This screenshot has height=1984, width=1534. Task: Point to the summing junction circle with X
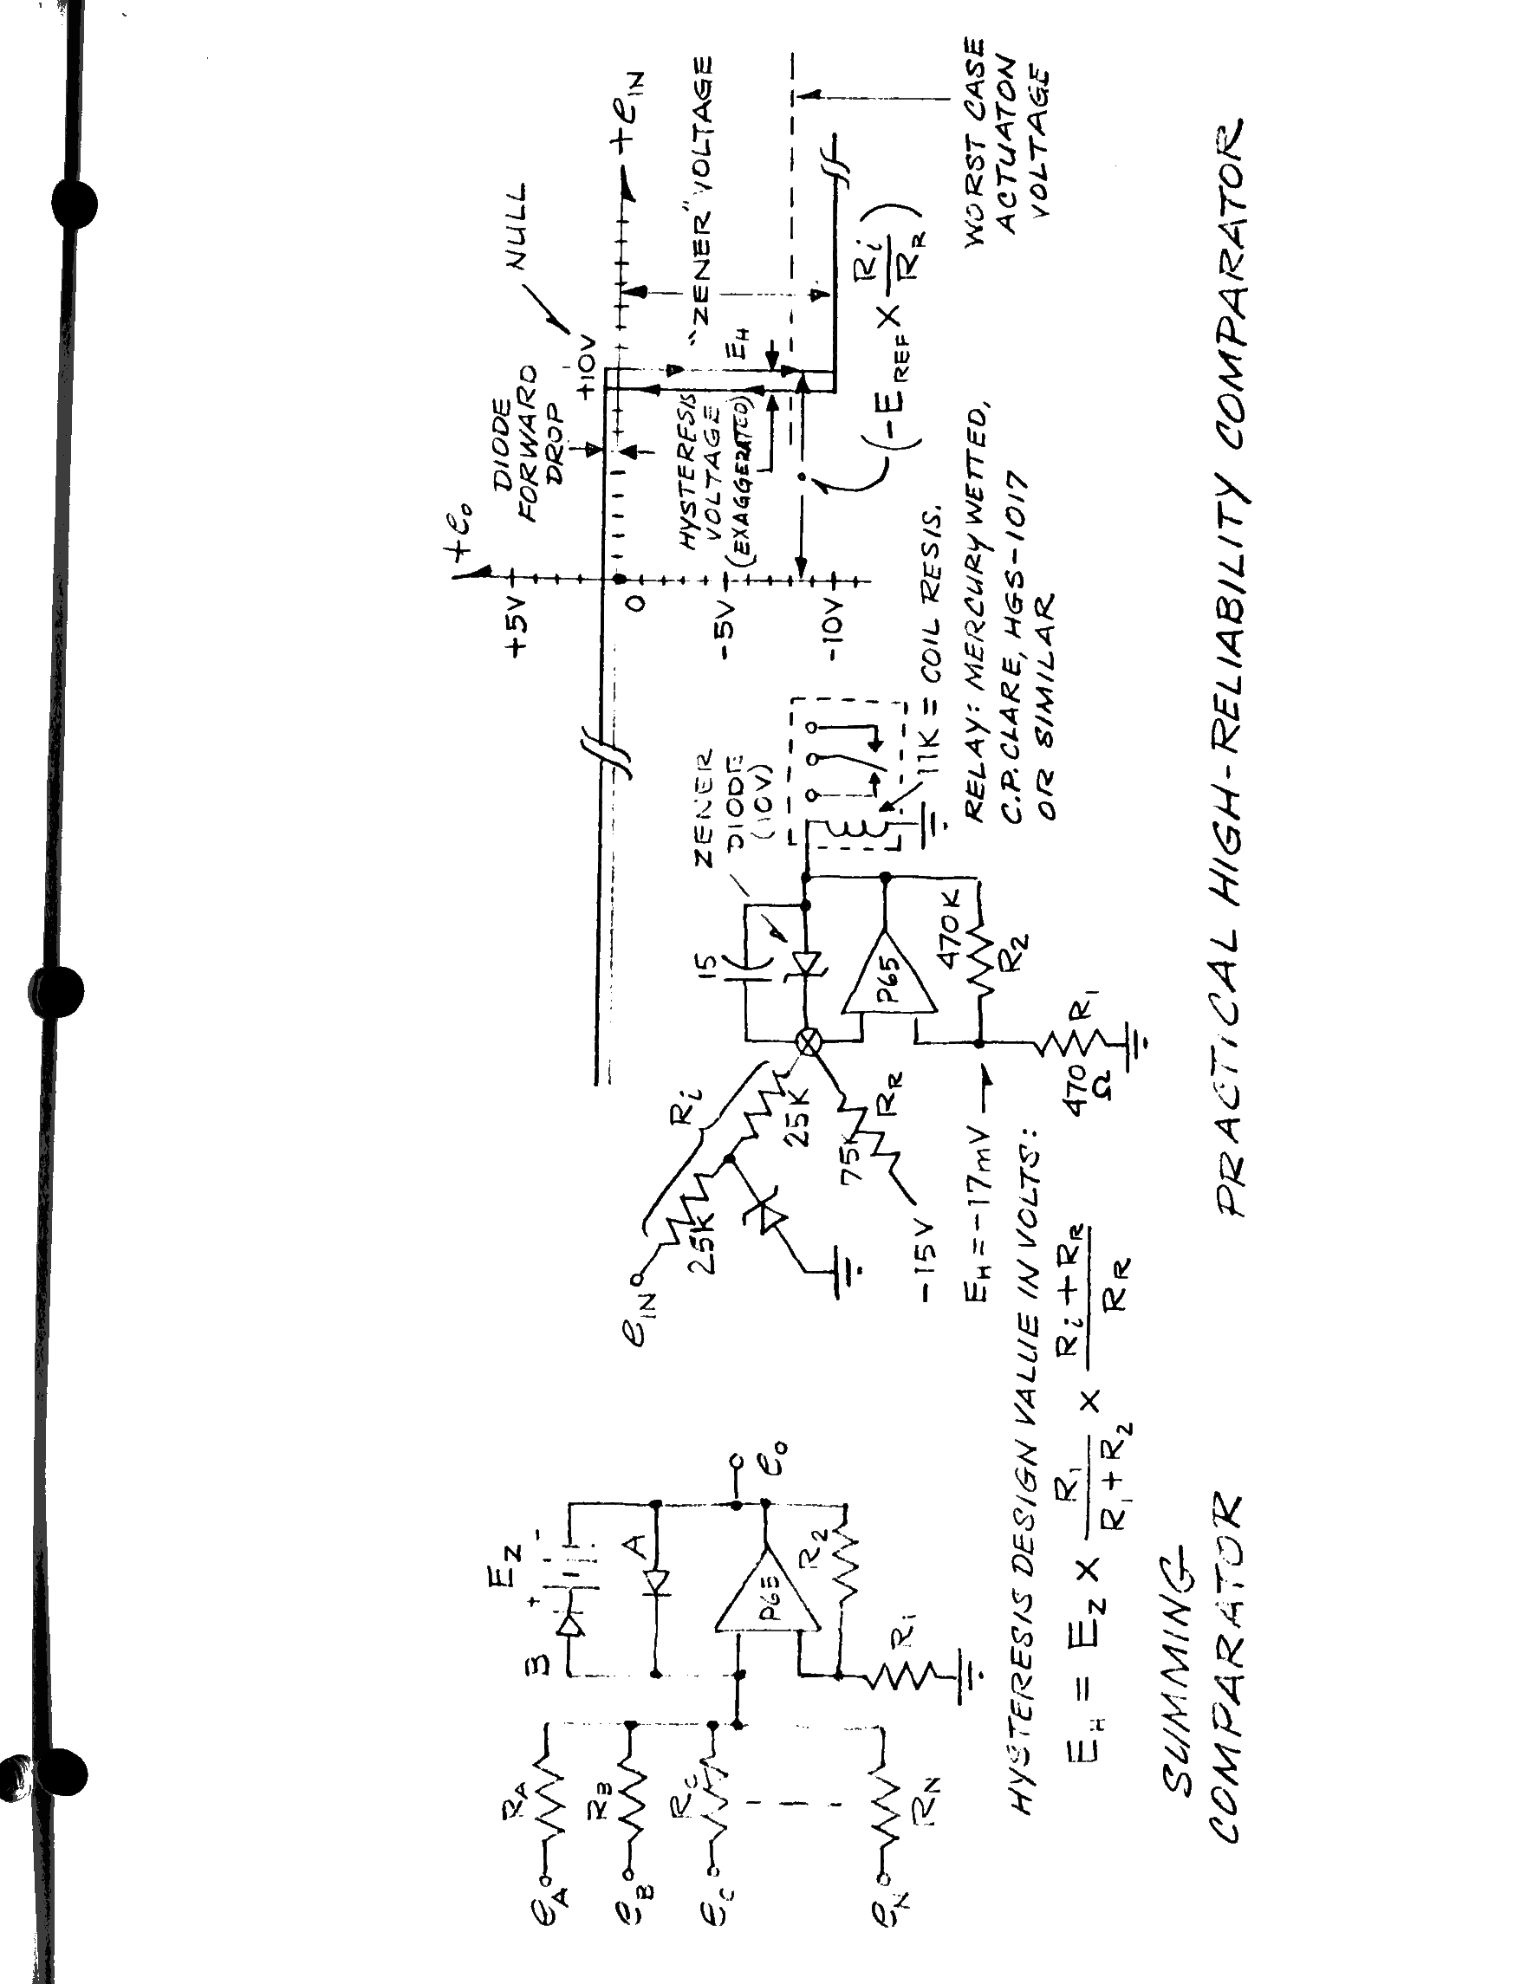808,1043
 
